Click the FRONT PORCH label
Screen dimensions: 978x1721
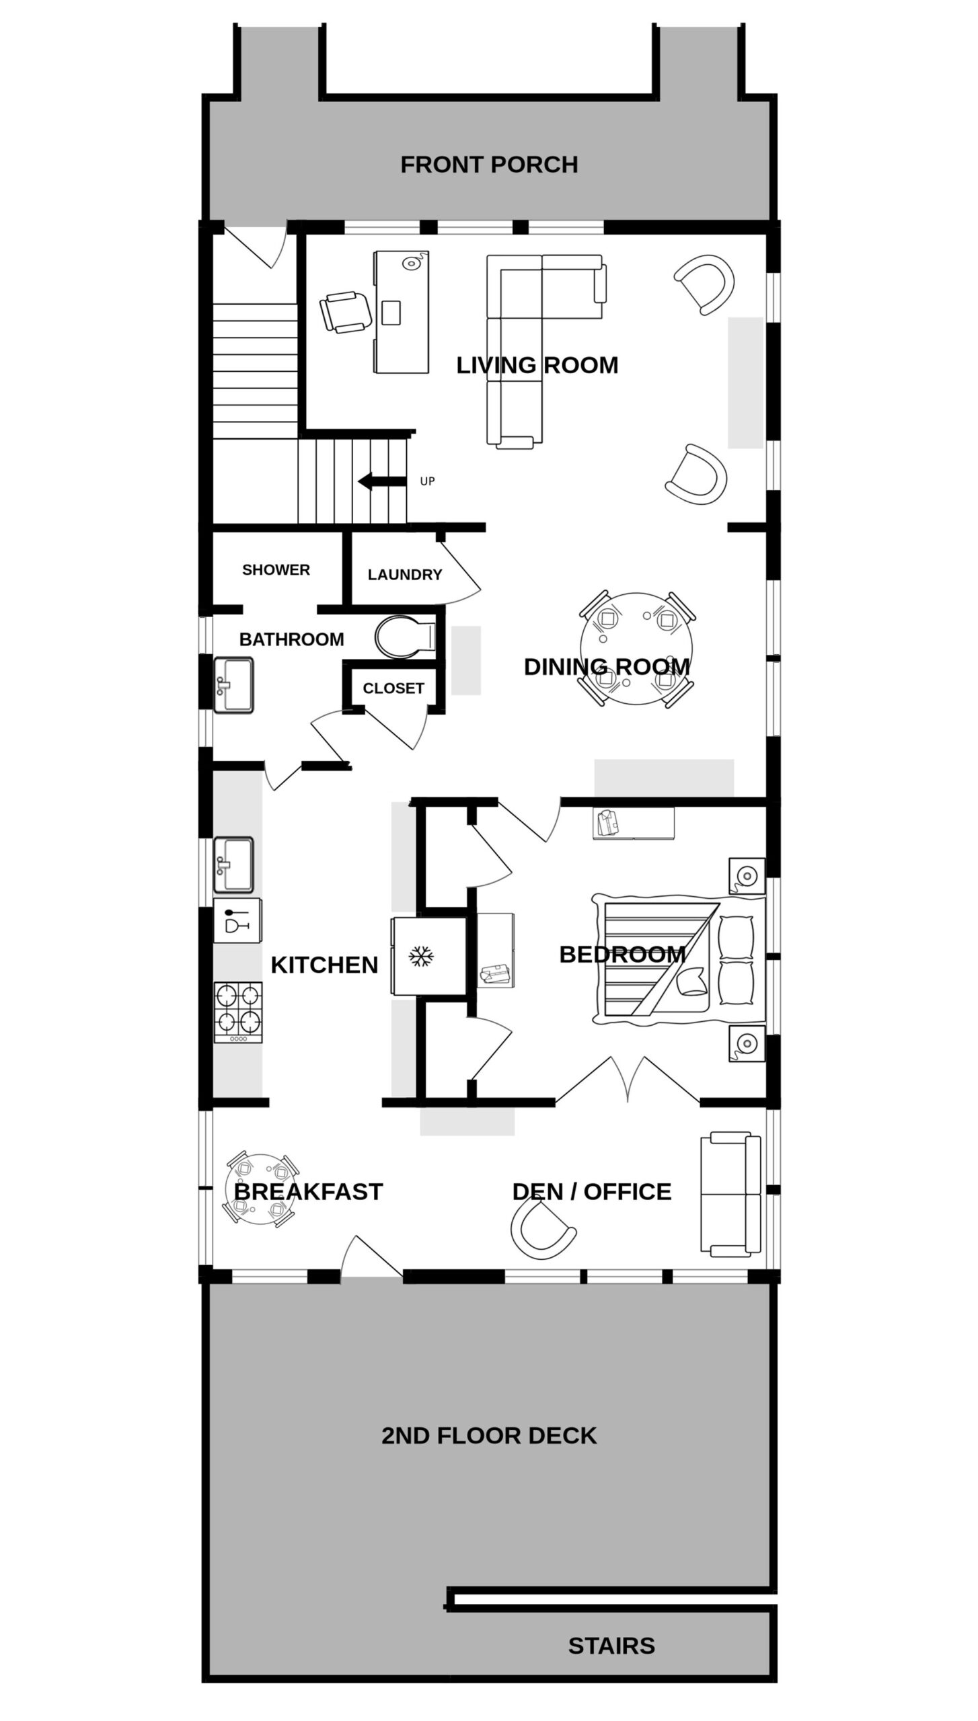(x=489, y=165)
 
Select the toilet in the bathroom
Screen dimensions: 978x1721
(x=406, y=637)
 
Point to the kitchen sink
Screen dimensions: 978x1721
(x=233, y=866)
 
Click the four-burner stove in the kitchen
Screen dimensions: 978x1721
(x=238, y=1012)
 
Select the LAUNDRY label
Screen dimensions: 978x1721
(x=405, y=575)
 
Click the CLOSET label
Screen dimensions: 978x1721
(x=393, y=688)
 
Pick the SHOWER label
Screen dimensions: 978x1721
(x=276, y=570)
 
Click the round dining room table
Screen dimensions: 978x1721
(x=636, y=648)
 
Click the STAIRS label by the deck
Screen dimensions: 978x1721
(x=611, y=1646)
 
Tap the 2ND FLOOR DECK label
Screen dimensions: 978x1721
(x=489, y=1436)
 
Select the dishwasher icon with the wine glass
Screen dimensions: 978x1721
(x=237, y=920)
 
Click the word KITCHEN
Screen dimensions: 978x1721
(x=324, y=965)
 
